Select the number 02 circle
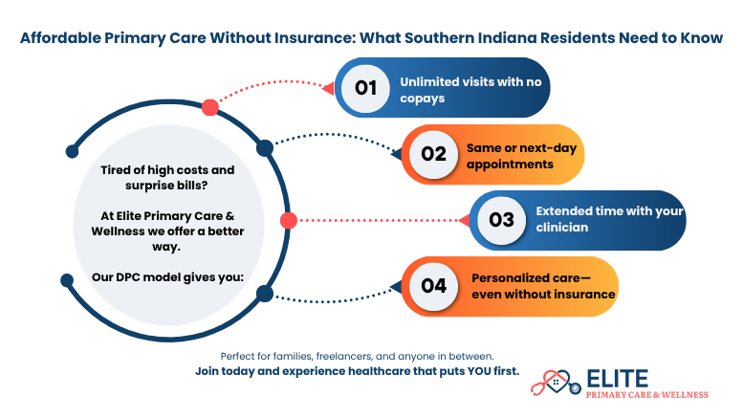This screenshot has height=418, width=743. [x=434, y=154]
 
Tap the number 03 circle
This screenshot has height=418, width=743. [x=502, y=219]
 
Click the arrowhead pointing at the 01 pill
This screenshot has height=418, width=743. [x=328, y=88]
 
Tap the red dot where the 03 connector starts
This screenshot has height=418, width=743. [x=288, y=221]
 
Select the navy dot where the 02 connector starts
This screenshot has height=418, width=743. [x=265, y=148]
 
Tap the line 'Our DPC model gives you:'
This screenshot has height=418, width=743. [x=167, y=277]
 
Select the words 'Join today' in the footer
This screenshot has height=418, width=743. [x=229, y=370]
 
